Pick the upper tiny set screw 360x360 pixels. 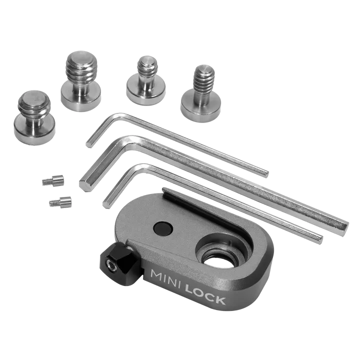coord(53,179)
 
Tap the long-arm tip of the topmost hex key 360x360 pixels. coord(265,172)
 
